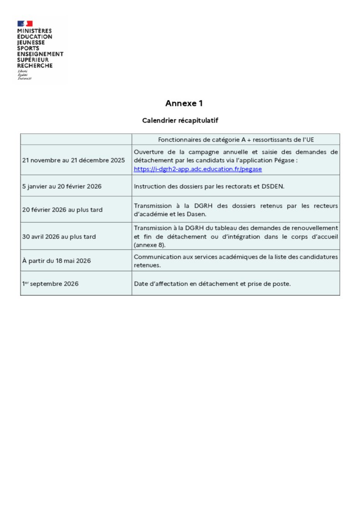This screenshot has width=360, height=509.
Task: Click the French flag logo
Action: point(25,24)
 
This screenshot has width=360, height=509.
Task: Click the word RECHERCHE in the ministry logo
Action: point(35,66)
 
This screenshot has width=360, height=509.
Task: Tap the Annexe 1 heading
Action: point(184,103)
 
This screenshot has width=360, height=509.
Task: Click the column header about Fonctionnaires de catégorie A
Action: point(236,139)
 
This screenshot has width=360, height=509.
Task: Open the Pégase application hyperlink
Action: point(198,169)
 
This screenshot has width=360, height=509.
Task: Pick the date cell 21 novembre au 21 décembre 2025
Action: point(73,160)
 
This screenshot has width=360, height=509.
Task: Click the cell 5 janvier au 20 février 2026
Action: point(62,186)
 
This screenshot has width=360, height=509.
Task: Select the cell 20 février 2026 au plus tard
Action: point(62,210)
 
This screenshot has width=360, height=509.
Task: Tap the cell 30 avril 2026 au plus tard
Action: point(59,237)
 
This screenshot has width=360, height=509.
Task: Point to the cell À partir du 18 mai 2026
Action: point(57,261)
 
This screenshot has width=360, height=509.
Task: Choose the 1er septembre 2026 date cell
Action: point(50,284)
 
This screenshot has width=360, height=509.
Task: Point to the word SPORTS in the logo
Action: point(28,48)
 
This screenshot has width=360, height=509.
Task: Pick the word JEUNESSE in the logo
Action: point(31,42)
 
